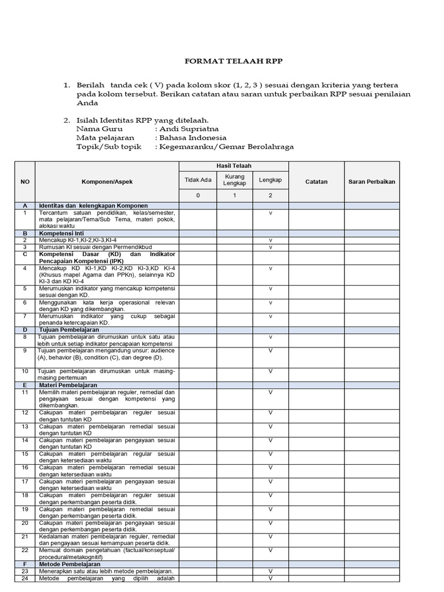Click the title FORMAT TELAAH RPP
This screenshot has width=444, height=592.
234,61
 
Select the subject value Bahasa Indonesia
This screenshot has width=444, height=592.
193,138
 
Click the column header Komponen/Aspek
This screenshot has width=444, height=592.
107,182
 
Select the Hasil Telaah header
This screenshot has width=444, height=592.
234,166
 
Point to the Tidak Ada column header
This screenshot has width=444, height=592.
198,180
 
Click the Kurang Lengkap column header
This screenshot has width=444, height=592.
235,180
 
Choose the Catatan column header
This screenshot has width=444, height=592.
316,182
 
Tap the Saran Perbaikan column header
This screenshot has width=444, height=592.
372,182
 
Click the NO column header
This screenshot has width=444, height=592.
25,182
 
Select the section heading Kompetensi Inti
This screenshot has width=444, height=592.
64,233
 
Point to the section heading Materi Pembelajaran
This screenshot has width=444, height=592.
68,384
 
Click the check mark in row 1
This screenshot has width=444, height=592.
271,213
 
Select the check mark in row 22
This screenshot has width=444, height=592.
271,550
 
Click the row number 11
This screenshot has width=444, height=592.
25,392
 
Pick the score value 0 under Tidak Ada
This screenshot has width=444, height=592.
198,195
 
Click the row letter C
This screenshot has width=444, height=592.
25,254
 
